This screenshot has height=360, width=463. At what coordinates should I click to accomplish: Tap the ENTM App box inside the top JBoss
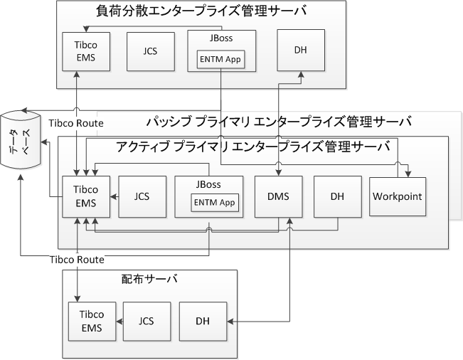(x=221, y=60)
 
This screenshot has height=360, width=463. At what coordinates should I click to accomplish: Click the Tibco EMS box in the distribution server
(x=91, y=322)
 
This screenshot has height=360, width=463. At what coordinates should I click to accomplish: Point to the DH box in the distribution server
(x=203, y=322)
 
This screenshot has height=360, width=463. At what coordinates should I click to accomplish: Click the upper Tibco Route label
(x=75, y=123)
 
